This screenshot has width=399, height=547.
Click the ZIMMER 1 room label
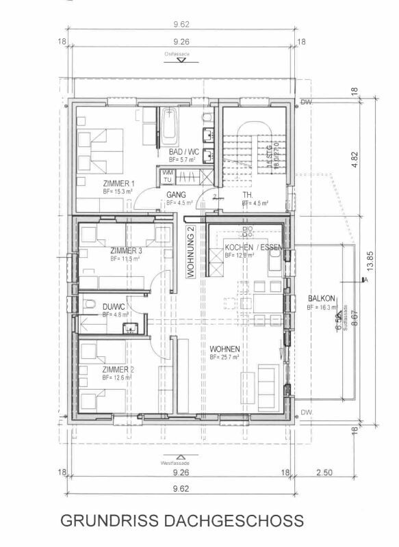pyautogui.click(x=119, y=183)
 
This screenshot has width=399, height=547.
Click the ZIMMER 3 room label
pyautogui.click(x=126, y=251)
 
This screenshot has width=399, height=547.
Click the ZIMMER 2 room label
pyautogui.click(x=119, y=369)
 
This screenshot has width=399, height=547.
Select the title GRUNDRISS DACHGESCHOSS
pyautogui.click(x=182, y=520)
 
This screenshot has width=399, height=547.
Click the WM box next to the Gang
pyautogui.click(x=167, y=173)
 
